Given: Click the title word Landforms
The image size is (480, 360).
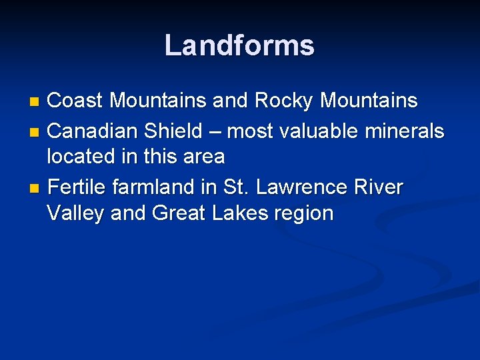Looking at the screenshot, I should click(x=239, y=45).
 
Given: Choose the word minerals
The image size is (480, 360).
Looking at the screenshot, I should click(x=402, y=131).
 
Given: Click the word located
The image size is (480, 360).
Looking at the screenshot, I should click(x=83, y=157).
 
